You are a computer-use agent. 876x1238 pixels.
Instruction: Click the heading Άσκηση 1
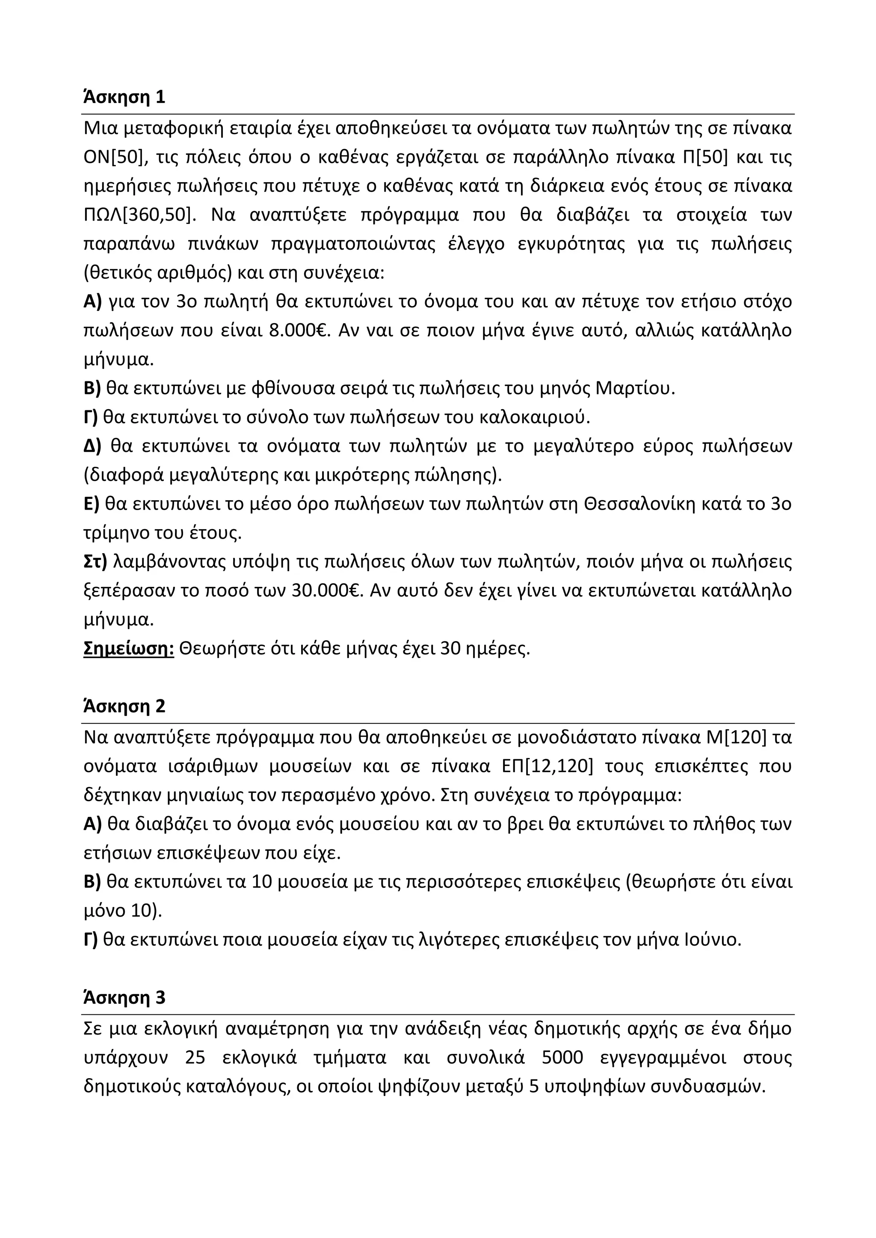coord(124,97)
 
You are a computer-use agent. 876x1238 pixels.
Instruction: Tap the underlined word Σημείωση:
coord(128,648)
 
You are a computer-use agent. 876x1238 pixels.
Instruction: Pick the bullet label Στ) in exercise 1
coord(95,561)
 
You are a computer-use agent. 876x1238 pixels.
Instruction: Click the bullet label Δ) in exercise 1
coord(93,446)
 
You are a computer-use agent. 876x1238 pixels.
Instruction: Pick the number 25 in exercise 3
coord(195,1058)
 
